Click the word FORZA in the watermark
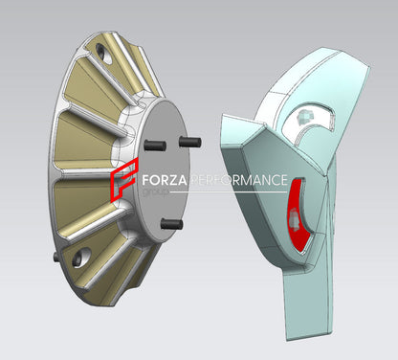click(x=164, y=180)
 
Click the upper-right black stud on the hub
click(x=189, y=142)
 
